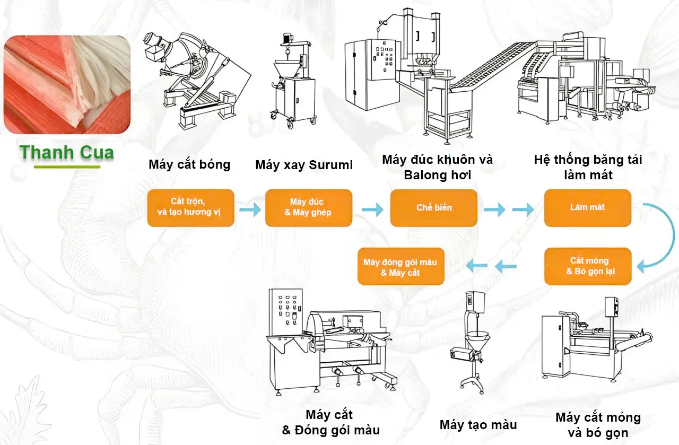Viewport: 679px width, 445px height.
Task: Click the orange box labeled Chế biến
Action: [x=434, y=208]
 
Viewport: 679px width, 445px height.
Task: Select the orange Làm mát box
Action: [x=587, y=208]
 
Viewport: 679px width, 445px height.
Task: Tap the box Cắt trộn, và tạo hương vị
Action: [x=191, y=208]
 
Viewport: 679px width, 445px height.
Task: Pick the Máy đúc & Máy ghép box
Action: [x=308, y=208]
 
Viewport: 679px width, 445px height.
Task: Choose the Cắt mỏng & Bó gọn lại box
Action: [x=588, y=266]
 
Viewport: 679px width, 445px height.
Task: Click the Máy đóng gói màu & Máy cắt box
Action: [x=401, y=267]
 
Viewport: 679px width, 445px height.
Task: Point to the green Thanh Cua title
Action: [x=67, y=153]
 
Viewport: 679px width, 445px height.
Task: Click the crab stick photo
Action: [x=67, y=84]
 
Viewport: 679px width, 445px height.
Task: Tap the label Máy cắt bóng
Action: [x=189, y=164]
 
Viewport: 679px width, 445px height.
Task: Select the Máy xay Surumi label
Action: [x=304, y=165]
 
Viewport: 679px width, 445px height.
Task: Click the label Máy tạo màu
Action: [x=478, y=425]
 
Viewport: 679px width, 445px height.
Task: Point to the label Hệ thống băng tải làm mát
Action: [x=588, y=167]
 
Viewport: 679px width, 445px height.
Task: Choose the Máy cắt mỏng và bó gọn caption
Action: [x=598, y=425]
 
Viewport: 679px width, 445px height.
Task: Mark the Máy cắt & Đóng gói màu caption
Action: [x=330, y=422]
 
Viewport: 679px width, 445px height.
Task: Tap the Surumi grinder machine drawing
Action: [x=291, y=85]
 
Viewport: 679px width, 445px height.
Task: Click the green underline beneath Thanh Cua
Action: [x=67, y=167]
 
